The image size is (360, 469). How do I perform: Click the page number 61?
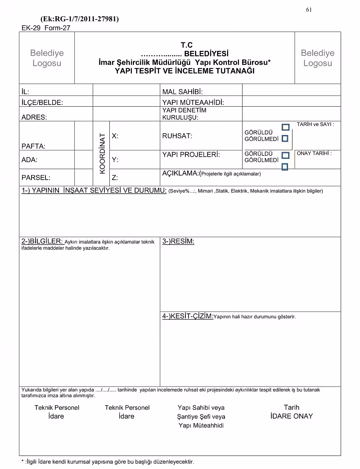(309, 10)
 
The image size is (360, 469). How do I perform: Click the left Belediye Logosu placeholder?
(47, 58)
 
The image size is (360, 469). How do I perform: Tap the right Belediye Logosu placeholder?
(318, 58)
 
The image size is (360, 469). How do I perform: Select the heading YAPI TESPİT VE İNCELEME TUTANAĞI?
(184, 71)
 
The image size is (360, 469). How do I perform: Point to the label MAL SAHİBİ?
(183, 92)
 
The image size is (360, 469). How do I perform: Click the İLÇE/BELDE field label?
(42, 102)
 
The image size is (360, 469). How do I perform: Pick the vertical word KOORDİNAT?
(102, 153)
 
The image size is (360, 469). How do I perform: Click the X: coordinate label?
(115, 135)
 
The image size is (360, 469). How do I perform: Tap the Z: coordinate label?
(115, 177)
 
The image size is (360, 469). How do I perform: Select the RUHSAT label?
(177, 135)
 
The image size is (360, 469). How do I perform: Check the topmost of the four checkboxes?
(285, 127)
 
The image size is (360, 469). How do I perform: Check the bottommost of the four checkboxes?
(285, 167)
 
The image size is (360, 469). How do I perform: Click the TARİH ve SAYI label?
(315, 124)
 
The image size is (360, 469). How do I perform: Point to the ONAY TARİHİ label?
(314, 153)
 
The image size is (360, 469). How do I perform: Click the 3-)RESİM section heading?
(178, 241)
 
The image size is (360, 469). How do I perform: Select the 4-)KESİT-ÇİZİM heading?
(188, 316)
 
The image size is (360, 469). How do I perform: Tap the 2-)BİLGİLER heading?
(42, 241)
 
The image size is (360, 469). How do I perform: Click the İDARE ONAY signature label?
(291, 416)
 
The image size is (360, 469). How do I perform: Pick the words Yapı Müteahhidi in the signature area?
(201, 425)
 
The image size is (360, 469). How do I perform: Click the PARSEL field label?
(36, 177)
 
